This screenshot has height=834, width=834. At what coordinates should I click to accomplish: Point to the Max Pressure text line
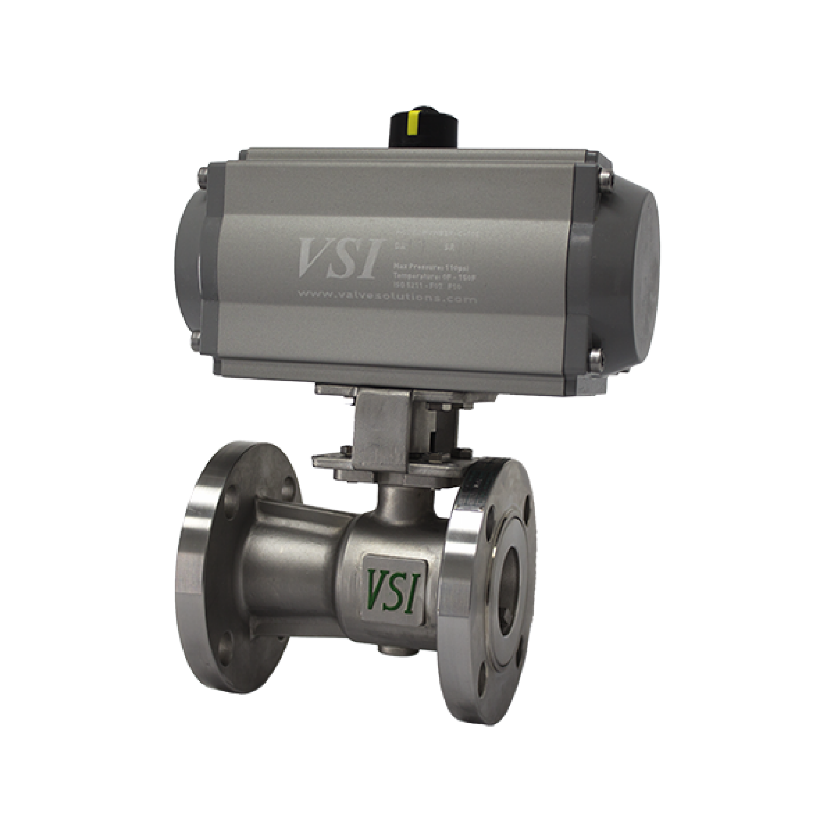pos(425,267)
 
